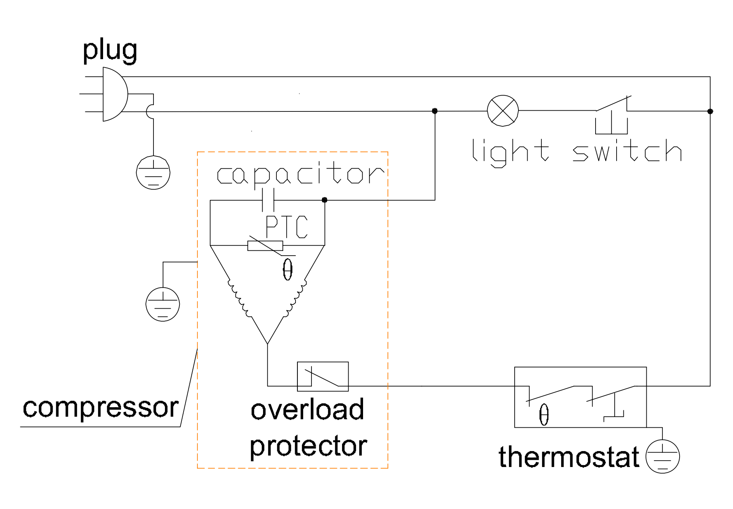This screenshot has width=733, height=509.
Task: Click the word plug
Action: (x=110, y=51)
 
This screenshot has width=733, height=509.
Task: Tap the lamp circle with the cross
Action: (x=503, y=111)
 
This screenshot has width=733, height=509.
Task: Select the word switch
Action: (x=627, y=150)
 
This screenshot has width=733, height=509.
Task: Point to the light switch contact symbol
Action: (x=612, y=115)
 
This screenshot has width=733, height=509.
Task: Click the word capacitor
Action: (x=300, y=175)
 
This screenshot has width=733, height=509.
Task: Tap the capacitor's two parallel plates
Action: (x=268, y=200)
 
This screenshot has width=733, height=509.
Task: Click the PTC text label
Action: (x=287, y=227)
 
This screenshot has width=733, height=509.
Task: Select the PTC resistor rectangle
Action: (x=265, y=246)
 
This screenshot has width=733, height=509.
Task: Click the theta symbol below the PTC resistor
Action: (x=288, y=269)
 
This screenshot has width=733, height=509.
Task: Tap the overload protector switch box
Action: (x=323, y=376)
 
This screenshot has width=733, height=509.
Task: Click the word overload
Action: (x=307, y=409)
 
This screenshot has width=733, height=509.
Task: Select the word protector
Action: (x=308, y=446)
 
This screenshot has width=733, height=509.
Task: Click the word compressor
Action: (x=100, y=408)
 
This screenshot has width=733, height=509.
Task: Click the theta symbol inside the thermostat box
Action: (x=544, y=415)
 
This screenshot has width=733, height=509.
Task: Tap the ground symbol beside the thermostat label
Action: (x=663, y=456)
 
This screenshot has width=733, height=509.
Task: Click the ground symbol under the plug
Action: (x=153, y=172)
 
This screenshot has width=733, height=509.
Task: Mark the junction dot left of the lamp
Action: (x=434, y=111)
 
